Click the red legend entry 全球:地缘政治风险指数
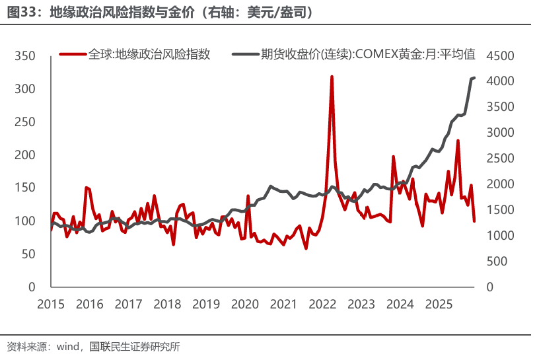coord(149,55)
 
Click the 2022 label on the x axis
coord(322,304)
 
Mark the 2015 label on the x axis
coord(50,304)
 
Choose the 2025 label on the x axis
coord(439,304)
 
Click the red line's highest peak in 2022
coord(331,77)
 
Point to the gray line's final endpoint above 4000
coord(474,78)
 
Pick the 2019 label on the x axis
coord(206,304)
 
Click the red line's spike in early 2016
coord(87,188)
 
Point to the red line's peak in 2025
coord(458,141)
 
